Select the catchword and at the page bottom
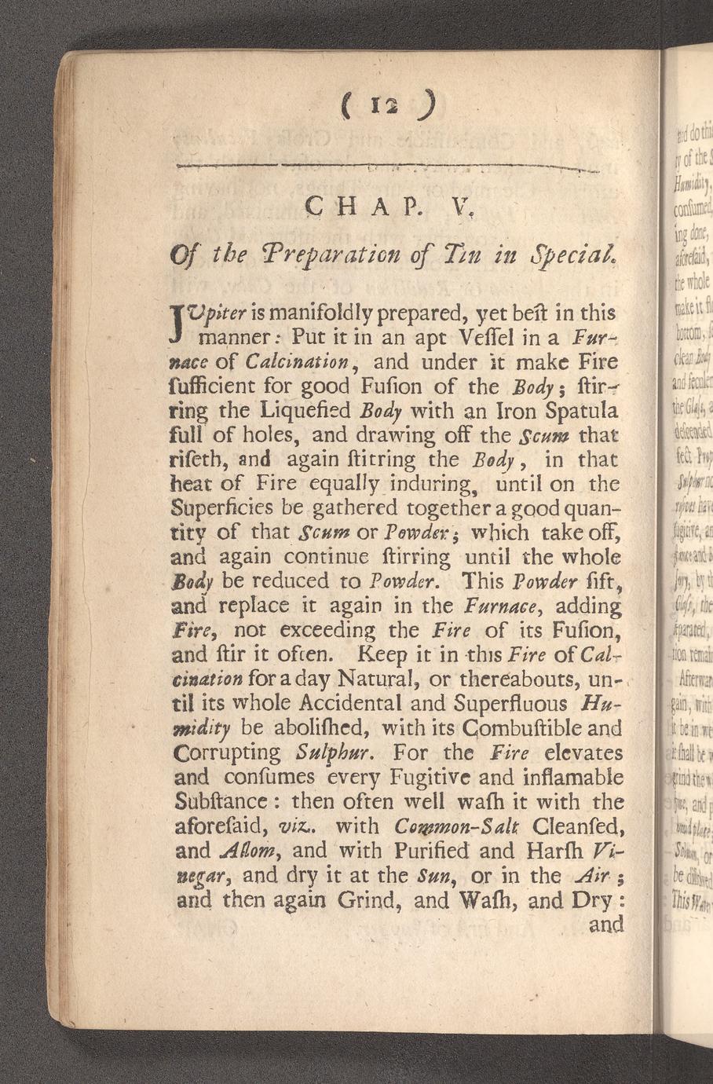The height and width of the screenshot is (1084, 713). (606, 925)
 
